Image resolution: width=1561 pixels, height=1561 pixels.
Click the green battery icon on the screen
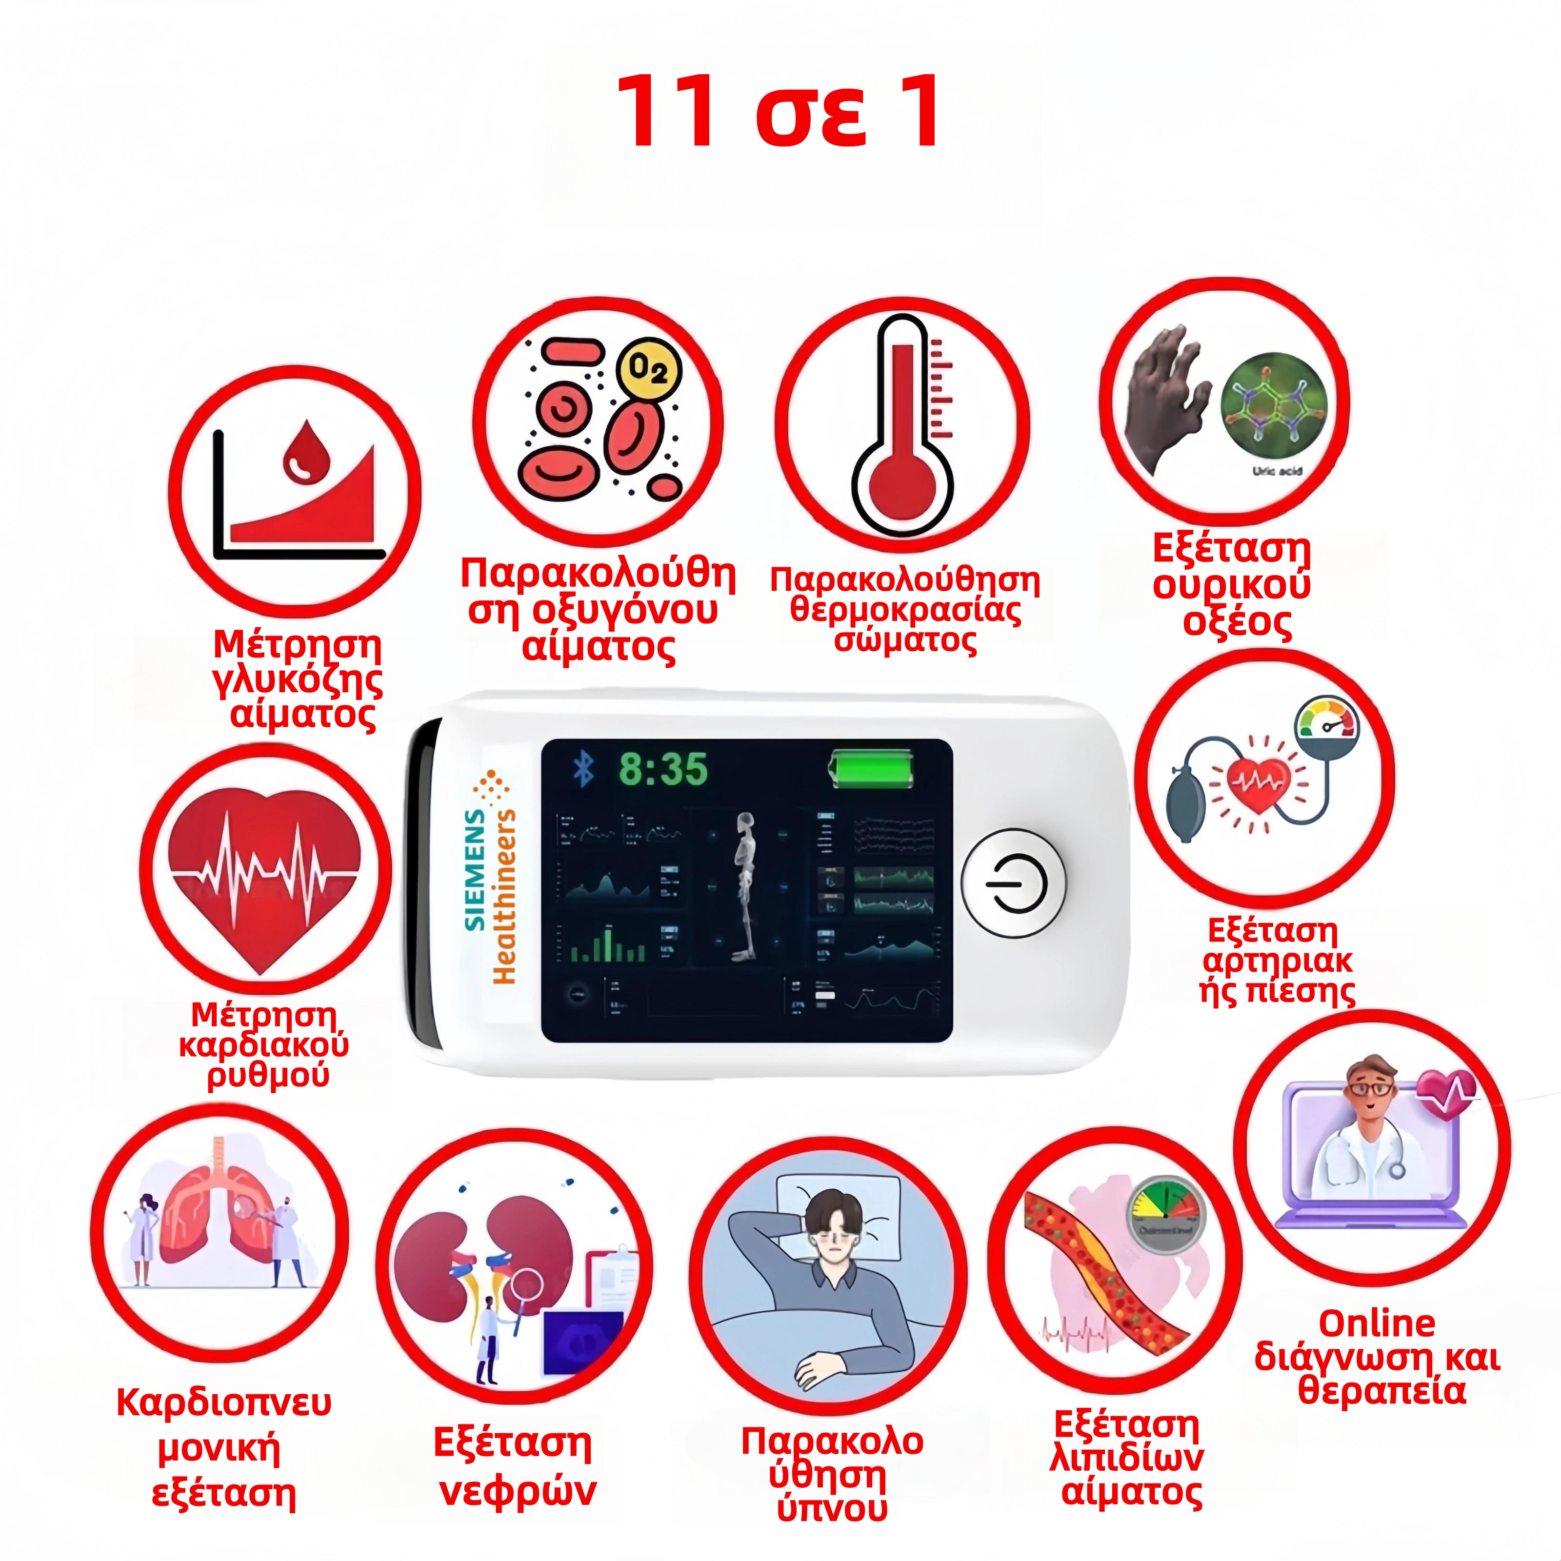coord(873,768)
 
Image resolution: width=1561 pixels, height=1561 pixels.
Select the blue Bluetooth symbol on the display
coord(582,768)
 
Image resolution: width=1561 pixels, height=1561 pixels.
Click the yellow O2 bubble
coord(649,371)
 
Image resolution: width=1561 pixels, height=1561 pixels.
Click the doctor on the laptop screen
coord(1365,1131)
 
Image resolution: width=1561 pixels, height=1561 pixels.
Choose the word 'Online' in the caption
coord(1377,1324)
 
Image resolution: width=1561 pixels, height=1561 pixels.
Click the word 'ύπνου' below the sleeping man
coord(832,1508)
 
